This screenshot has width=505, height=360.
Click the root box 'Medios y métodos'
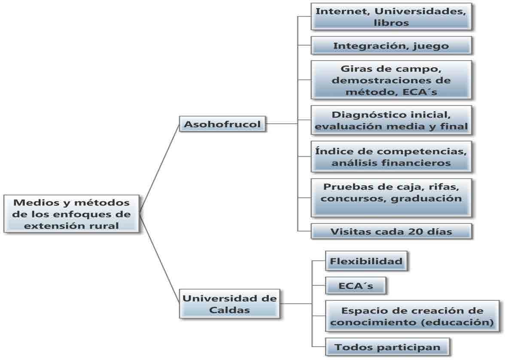(71, 214)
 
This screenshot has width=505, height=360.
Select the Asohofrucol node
(222, 124)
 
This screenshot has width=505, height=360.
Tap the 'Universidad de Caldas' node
(229, 304)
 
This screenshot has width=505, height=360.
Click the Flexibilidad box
(366, 261)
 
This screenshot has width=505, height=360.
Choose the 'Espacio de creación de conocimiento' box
(412, 316)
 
